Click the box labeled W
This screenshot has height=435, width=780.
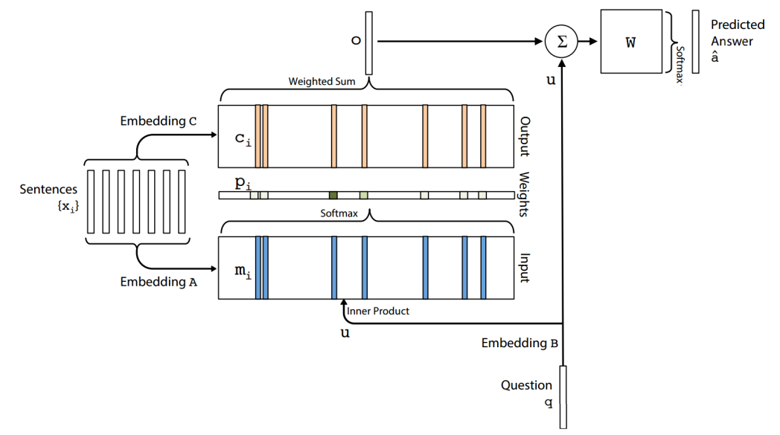click(x=631, y=42)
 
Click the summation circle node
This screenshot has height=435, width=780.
click(x=562, y=42)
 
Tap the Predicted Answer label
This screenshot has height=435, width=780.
click(x=737, y=33)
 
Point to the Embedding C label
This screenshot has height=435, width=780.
click(x=159, y=120)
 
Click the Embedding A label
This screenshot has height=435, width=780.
click(x=159, y=282)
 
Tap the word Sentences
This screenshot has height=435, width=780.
click(x=48, y=190)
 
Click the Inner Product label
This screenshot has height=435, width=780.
click(x=377, y=311)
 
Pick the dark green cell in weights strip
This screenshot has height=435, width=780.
click(x=333, y=196)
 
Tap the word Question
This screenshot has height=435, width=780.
click(x=526, y=385)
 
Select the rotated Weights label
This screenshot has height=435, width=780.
click(x=524, y=194)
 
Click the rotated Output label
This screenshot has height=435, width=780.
click(x=524, y=137)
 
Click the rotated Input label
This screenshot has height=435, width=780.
click(x=524, y=268)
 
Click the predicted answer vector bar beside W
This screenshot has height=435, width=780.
click(x=695, y=42)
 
